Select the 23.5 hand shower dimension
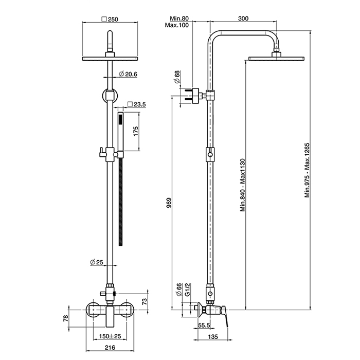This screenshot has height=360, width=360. tap(137, 104)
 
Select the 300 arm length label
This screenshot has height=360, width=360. tap(244, 19)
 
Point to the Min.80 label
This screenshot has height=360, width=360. tap(175, 19)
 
